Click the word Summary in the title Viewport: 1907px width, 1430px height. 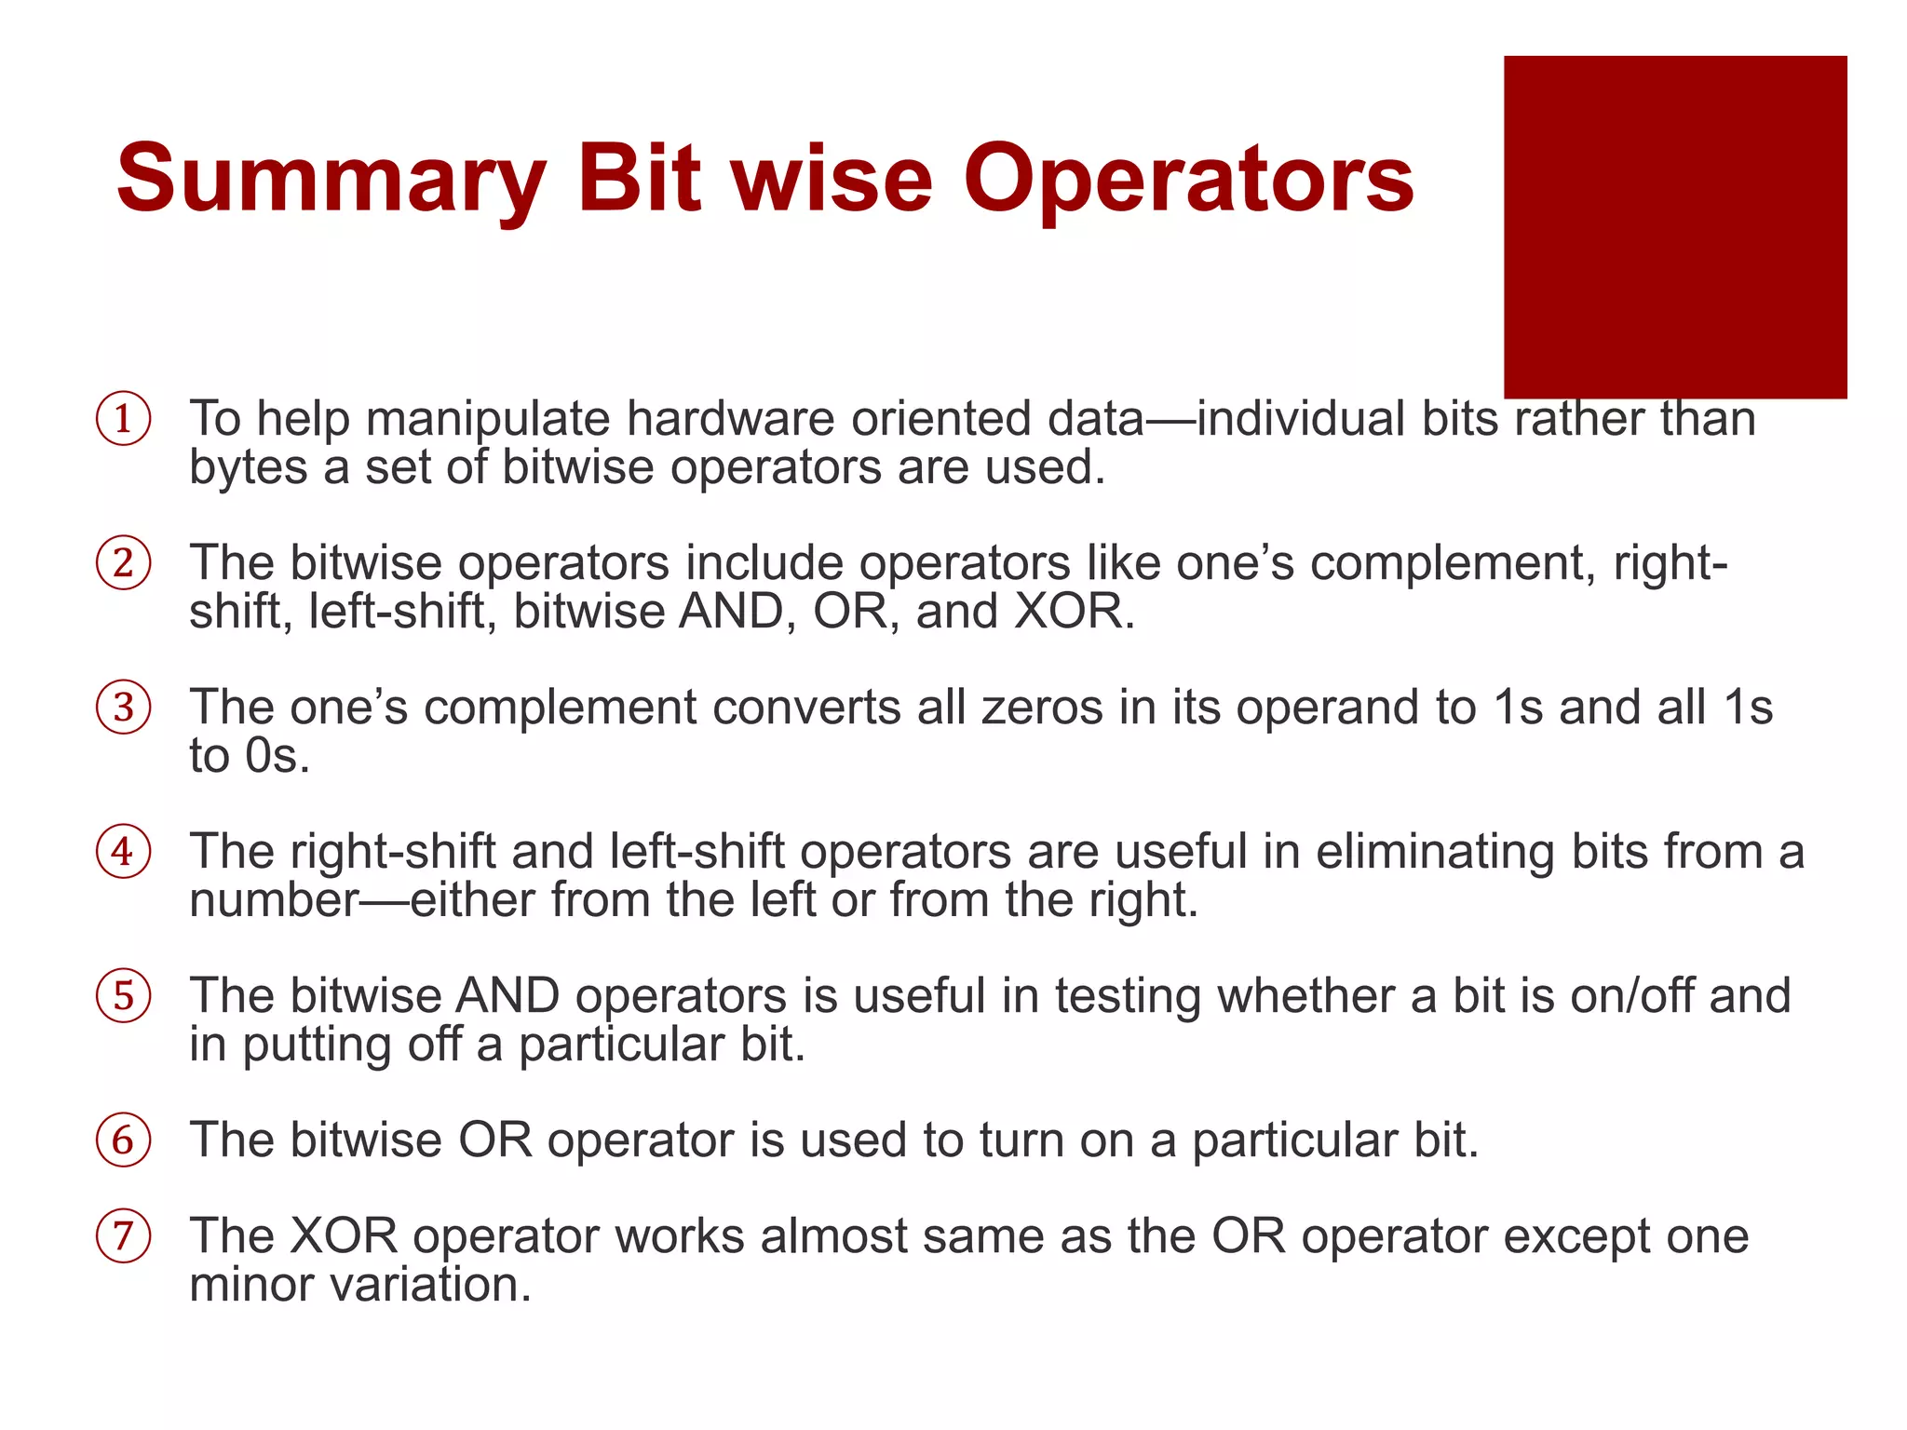(331, 179)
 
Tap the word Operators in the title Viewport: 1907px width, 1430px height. (1188, 179)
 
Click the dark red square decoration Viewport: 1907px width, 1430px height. (1674, 227)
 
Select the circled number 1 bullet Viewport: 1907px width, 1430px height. (123, 419)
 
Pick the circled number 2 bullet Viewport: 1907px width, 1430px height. (123, 563)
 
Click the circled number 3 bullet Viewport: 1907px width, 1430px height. (123, 708)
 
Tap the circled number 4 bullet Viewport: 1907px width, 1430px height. (123, 852)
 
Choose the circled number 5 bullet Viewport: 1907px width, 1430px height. (123, 996)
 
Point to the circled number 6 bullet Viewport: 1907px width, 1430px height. (123, 1140)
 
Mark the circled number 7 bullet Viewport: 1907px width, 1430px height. (123, 1236)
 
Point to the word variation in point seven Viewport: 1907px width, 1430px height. (431, 1286)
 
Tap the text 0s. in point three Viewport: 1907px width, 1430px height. (277, 756)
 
